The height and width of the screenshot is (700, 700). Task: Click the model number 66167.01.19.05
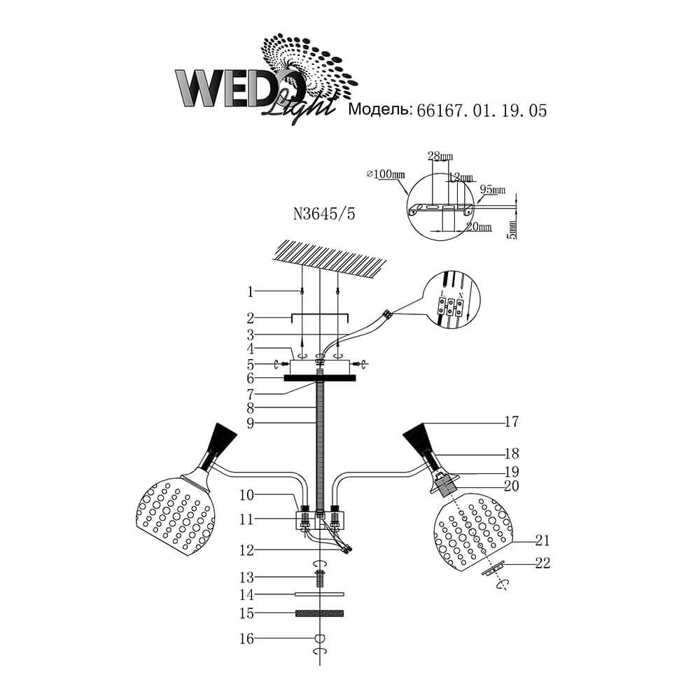click(481, 110)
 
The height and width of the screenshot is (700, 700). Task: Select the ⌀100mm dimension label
click(386, 174)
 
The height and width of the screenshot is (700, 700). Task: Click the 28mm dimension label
click(439, 155)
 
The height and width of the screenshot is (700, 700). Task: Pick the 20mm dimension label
click(479, 227)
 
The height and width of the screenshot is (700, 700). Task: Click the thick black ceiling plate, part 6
click(320, 378)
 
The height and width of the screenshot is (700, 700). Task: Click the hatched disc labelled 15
click(321, 614)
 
